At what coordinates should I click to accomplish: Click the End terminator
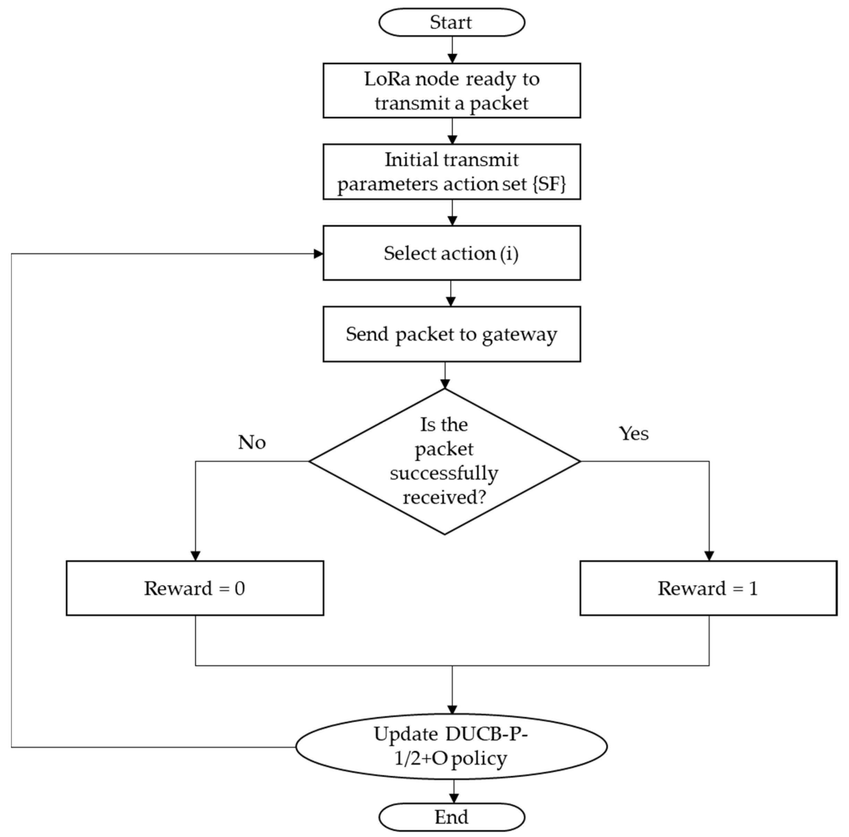pyautogui.click(x=451, y=817)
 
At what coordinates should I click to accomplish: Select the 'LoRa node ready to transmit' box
pyautogui.click(x=451, y=91)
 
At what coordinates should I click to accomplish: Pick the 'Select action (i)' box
pyautogui.click(x=451, y=253)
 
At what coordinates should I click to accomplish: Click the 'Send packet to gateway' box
pyautogui.click(x=451, y=334)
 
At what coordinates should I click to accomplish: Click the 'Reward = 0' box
pyautogui.click(x=195, y=588)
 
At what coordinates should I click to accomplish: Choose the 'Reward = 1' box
pyautogui.click(x=708, y=588)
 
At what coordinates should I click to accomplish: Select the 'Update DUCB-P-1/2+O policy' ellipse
pyautogui.click(x=451, y=746)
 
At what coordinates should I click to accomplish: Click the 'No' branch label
pyautogui.click(x=252, y=442)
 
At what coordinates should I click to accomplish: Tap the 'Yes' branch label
pyautogui.click(x=633, y=434)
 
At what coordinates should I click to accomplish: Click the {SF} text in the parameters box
pyautogui.click(x=549, y=184)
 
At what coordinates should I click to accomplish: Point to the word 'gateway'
pyautogui.click(x=520, y=335)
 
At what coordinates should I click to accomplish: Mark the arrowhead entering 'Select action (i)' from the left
pyautogui.click(x=318, y=254)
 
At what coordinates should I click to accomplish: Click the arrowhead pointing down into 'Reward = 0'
pyautogui.click(x=196, y=556)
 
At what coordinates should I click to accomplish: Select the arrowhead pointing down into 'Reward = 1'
pyautogui.click(x=709, y=556)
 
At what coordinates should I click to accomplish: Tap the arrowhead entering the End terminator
pyautogui.click(x=454, y=798)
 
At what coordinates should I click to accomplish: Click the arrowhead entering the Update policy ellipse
pyautogui.click(x=452, y=709)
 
